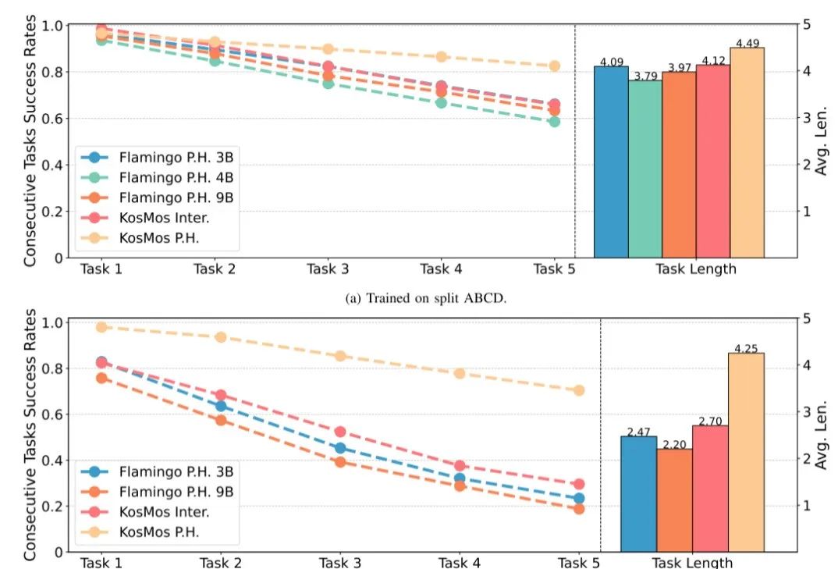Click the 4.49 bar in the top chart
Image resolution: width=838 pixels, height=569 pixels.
pyautogui.click(x=747, y=153)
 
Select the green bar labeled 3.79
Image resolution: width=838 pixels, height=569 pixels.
pyautogui.click(x=645, y=169)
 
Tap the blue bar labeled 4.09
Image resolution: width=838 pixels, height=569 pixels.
pyautogui.click(x=611, y=162)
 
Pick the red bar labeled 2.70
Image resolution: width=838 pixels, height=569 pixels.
pyautogui.click(x=710, y=488)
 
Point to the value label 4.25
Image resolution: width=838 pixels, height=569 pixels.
pyautogui.click(x=747, y=348)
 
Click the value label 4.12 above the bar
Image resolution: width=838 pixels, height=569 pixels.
pyautogui.click(x=713, y=60)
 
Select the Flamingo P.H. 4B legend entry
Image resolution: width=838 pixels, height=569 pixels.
pyautogui.click(x=176, y=177)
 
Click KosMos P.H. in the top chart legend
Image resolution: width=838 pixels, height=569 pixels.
pyautogui.click(x=160, y=238)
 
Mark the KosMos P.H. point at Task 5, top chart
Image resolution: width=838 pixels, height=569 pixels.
pyautogui.click(x=554, y=66)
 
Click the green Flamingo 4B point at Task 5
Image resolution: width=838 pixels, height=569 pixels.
pyautogui.click(x=554, y=121)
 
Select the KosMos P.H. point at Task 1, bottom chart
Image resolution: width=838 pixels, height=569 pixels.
pyautogui.click(x=101, y=327)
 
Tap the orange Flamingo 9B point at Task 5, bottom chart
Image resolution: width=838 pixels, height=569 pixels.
pyautogui.click(x=579, y=509)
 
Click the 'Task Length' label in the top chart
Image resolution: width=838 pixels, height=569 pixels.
pyautogui.click(x=695, y=269)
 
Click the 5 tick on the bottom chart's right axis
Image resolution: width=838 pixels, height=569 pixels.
pyautogui.click(x=804, y=318)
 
